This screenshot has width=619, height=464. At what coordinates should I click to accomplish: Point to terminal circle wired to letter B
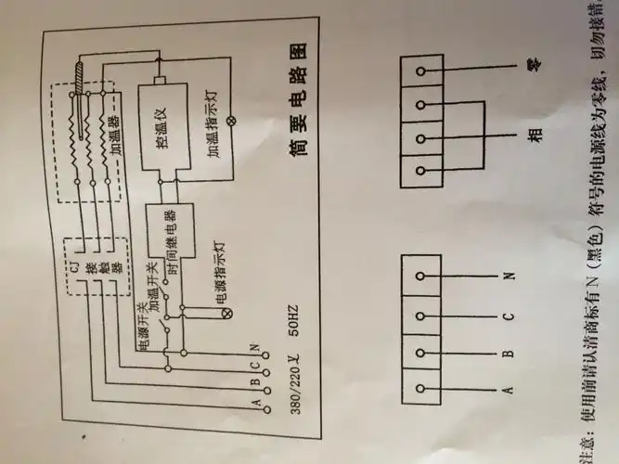[x=422, y=352]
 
